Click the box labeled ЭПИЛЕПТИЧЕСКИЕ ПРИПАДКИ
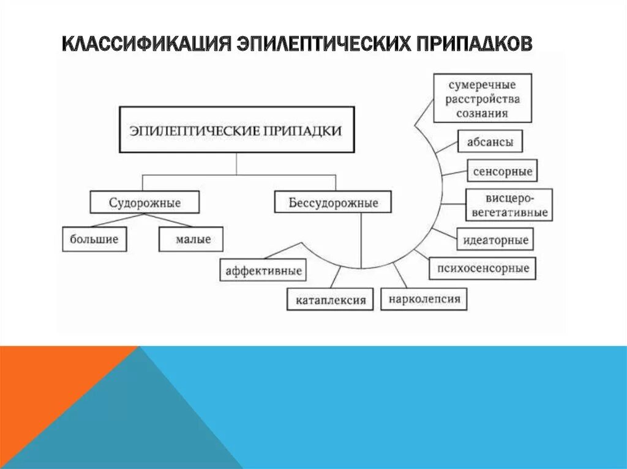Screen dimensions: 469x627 [236, 130]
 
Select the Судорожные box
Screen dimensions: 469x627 [145, 202]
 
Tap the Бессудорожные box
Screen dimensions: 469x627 [334, 202]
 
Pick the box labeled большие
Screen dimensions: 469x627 [94, 239]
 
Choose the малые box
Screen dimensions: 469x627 [191, 239]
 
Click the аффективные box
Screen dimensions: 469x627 [264, 270]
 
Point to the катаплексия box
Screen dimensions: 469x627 [330, 300]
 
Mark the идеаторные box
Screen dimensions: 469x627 [495, 238]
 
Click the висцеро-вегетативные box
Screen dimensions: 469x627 [509, 205]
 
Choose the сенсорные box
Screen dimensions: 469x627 [502, 171]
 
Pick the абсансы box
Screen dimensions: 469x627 [490, 141]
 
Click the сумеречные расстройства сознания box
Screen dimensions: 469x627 [482, 98]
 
